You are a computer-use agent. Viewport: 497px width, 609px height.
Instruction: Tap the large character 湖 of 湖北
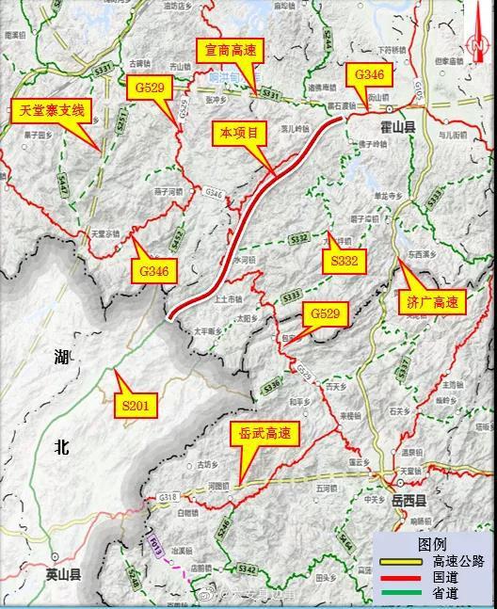[62, 358]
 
